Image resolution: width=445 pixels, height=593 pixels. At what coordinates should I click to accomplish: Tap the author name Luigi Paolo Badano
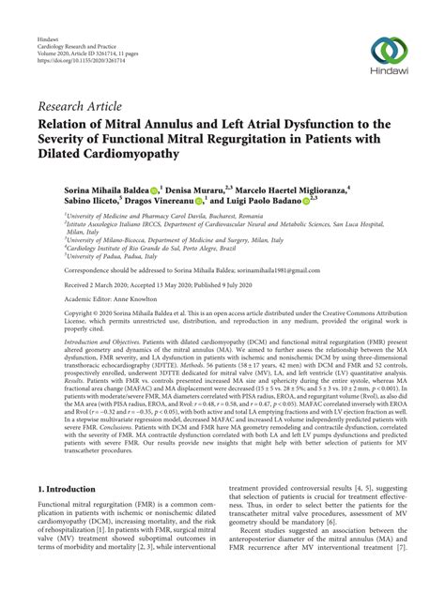tap(265, 201)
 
